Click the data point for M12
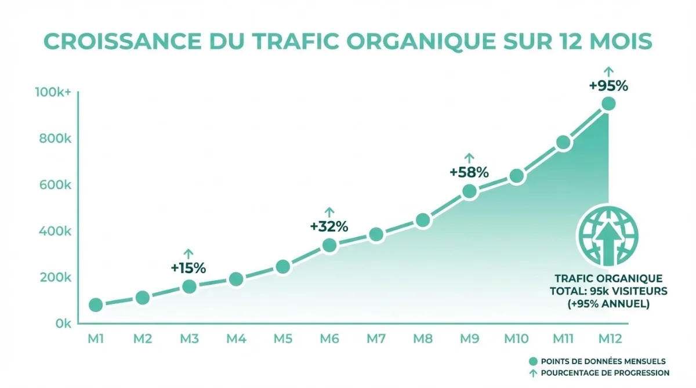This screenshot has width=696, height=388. pos(608,104)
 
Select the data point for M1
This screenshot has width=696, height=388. pos(96,305)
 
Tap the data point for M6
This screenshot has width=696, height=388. pos(329,245)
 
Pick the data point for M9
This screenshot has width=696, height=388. pos(469,191)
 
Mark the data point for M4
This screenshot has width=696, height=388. pos(236,280)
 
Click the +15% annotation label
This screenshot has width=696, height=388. pos(188,268)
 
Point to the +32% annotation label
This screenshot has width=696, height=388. pos(329,227)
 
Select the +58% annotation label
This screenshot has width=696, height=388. pos(469,172)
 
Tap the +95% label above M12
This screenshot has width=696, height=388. pos(608,86)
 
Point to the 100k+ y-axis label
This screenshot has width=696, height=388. pos(53,92)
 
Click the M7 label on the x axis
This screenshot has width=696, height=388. pos(376,339)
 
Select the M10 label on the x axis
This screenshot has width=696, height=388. pos(516,339)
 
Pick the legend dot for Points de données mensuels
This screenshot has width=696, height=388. pos(533,361)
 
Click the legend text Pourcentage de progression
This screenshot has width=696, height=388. pos(605,372)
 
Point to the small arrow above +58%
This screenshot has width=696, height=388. pos(469,157)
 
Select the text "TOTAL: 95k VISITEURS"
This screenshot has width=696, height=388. pos(608,291)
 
